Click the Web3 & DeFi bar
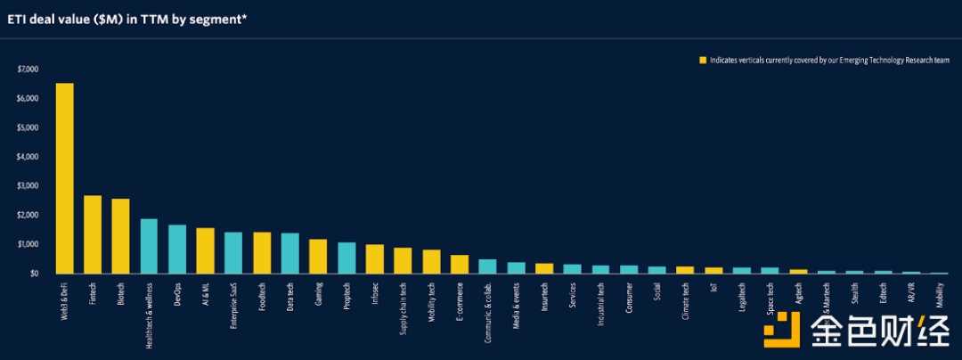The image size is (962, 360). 64,178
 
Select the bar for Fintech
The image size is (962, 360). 93,234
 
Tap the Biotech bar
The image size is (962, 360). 120,236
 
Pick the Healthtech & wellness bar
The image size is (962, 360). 149,246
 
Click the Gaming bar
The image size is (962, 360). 318,256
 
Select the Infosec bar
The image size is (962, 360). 374,258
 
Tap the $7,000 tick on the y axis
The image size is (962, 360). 29,70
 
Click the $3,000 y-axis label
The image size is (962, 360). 29,186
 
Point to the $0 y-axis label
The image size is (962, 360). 34,274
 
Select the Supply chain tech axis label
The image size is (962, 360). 403,307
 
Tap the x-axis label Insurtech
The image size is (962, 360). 544,296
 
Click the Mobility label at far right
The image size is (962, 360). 939,294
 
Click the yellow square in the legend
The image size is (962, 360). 702,61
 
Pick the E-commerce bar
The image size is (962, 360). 459,264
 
